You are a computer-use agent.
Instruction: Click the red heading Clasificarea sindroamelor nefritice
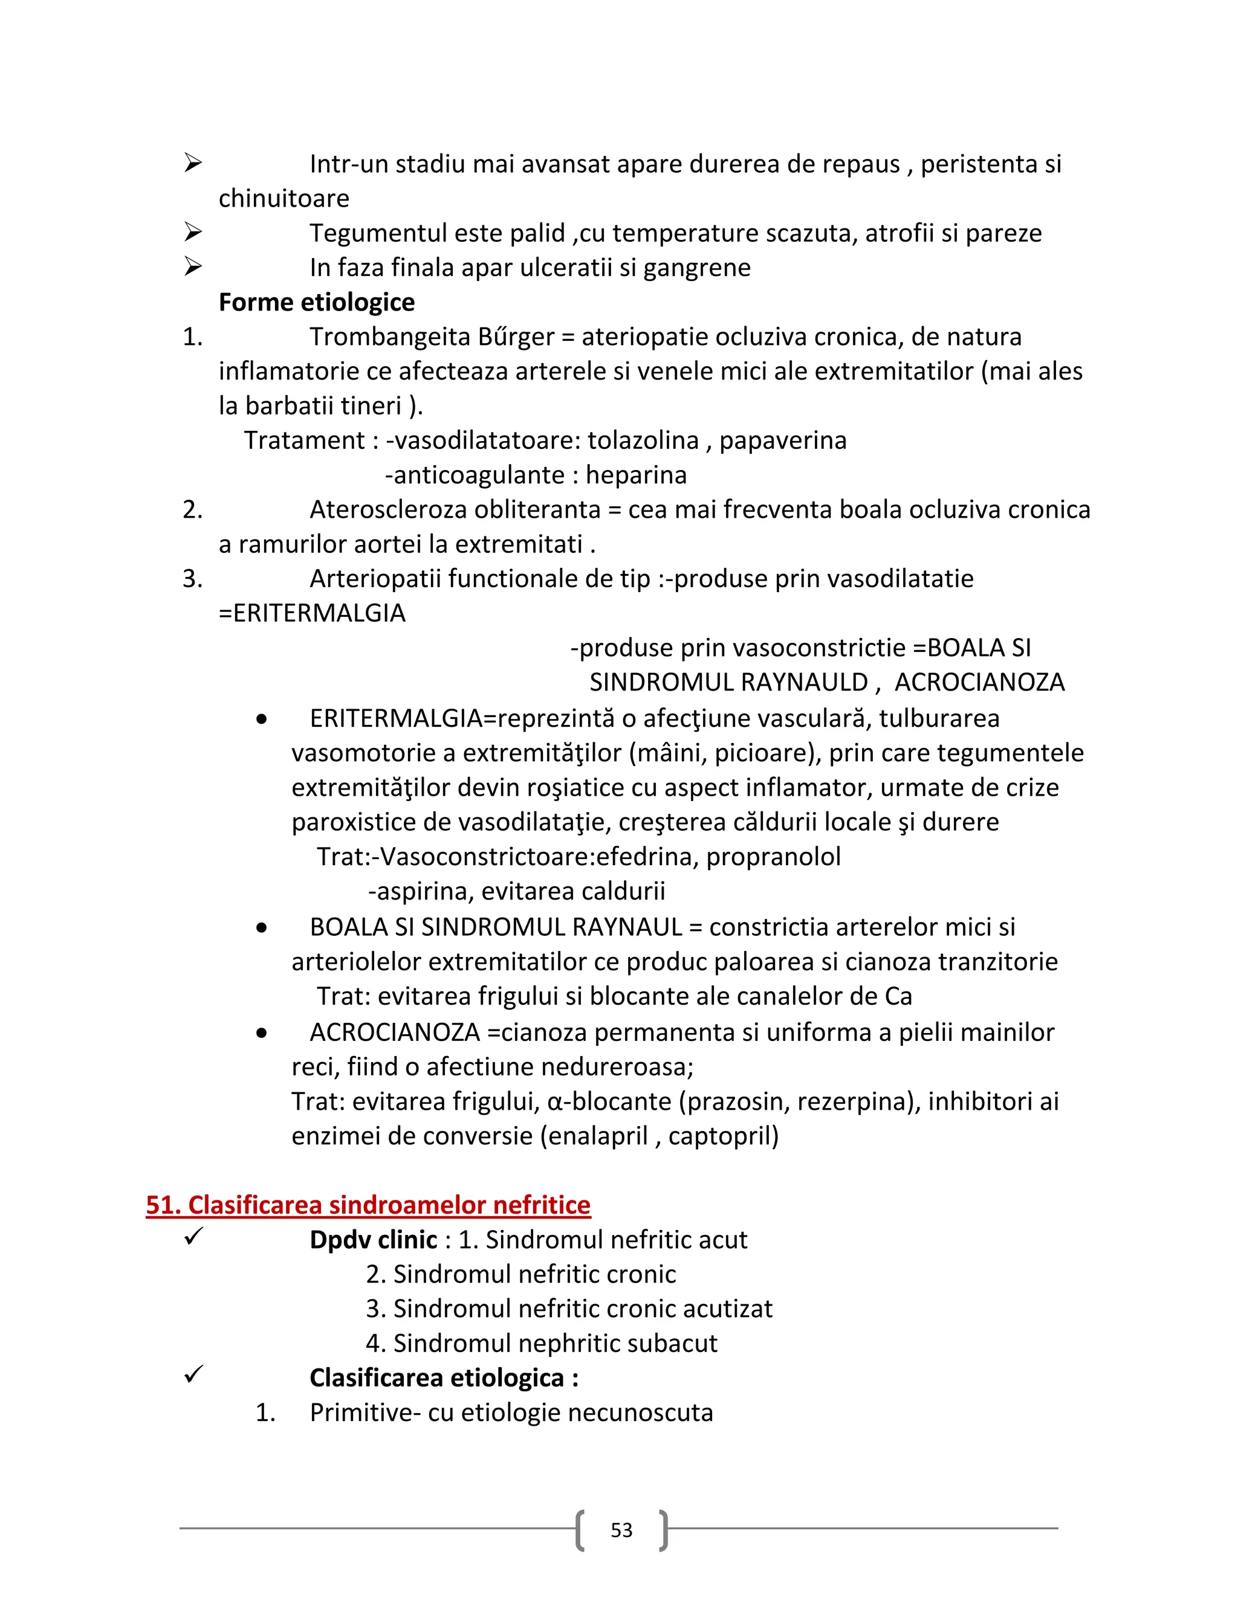[x=368, y=1205]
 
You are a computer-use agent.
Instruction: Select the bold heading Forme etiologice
[x=316, y=302]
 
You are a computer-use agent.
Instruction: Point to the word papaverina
[x=783, y=440]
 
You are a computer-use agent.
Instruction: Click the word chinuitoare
[x=284, y=199]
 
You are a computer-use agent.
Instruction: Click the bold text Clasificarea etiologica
[x=436, y=1378]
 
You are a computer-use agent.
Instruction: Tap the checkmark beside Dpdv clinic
[x=193, y=1237]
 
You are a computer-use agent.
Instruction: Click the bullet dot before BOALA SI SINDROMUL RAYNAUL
[x=262, y=929]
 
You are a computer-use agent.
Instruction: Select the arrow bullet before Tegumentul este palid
[x=193, y=233]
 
